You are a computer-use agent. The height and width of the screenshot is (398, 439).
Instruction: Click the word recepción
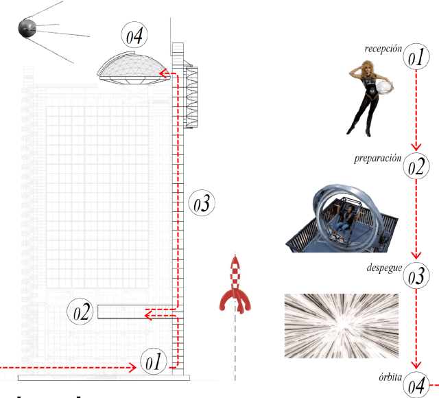click(383, 49)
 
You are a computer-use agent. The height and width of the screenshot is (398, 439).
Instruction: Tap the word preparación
click(378, 159)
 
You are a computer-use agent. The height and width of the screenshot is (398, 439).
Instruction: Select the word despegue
click(384, 268)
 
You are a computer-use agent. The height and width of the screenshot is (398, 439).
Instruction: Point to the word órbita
click(390, 377)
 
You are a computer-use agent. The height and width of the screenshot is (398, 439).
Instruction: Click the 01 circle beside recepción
click(416, 56)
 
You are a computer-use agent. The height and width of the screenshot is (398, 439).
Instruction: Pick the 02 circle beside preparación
click(416, 166)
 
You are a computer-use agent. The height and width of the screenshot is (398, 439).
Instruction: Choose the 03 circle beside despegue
click(416, 276)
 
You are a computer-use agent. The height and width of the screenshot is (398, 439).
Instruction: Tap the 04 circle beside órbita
click(416, 385)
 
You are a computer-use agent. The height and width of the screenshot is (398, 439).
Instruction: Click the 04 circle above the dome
click(134, 35)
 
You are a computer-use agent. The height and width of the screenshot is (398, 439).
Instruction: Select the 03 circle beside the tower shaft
click(202, 203)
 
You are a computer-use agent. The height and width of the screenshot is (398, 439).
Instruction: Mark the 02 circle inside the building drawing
click(80, 311)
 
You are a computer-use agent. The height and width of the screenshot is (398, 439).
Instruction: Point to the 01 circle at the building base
click(154, 361)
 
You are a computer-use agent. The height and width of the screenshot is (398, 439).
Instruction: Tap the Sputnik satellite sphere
click(27, 28)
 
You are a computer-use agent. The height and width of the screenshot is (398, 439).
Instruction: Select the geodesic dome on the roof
click(134, 69)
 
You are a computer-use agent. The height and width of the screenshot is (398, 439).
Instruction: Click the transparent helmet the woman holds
click(384, 87)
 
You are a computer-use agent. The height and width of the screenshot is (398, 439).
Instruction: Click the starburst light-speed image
click(342, 326)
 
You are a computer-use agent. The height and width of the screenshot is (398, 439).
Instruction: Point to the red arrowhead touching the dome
click(163, 73)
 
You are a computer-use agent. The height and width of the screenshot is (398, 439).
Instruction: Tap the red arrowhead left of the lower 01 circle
click(132, 368)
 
